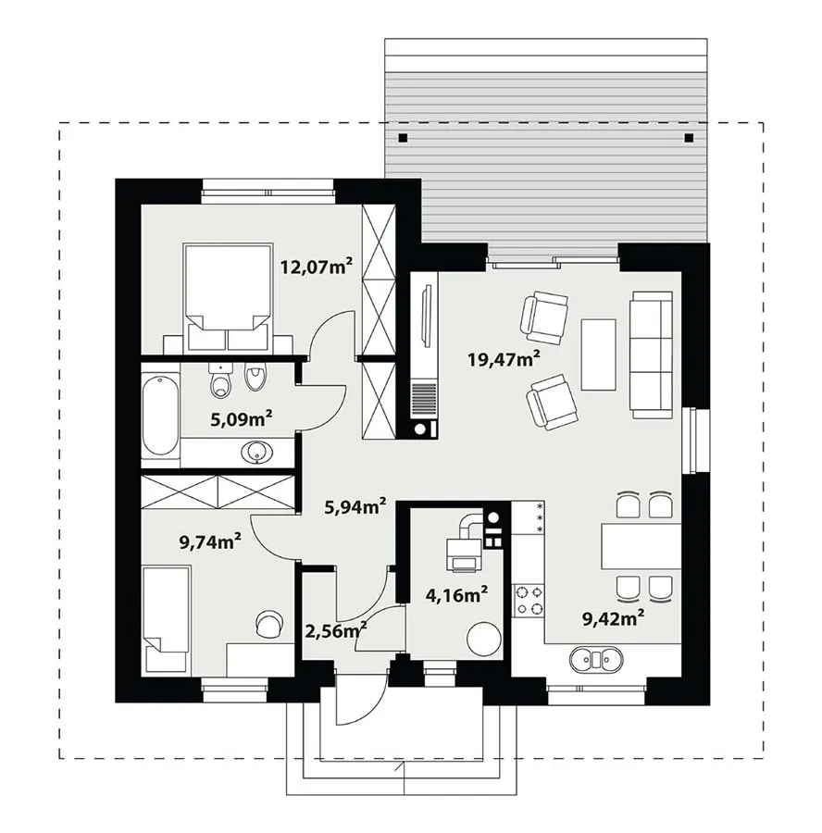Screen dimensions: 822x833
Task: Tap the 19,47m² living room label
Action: [x=504, y=358]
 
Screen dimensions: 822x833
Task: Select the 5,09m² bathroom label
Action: [x=242, y=419]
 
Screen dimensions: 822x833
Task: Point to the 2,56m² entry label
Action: [x=335, y=631]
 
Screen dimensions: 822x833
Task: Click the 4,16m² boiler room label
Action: [x=456, y=594]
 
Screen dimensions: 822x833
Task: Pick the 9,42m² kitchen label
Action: [x=614, y=618]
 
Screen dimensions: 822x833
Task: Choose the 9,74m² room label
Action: [x=210, y=541]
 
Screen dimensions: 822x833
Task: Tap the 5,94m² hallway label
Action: [x=355, y=506]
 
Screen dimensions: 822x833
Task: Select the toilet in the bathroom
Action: [x=220, y=381]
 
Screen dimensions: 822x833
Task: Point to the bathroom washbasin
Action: [x=257, y=453]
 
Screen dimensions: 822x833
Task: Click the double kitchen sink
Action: [x=595, y=659]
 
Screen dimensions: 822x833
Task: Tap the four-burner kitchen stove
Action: [x=529, y=600]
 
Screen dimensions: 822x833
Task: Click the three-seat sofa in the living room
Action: [x=651, y=354]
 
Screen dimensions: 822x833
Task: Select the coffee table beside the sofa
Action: [x=598, y=354]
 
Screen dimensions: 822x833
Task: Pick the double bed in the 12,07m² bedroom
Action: [x=228, y=296]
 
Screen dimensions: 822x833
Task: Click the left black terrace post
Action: [x=403, y=138]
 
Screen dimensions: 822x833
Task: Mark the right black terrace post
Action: [x=689, y=138]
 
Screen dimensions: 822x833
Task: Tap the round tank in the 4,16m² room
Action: [x=483, y=640]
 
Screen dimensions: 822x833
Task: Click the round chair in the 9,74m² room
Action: [x=269, y=623]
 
